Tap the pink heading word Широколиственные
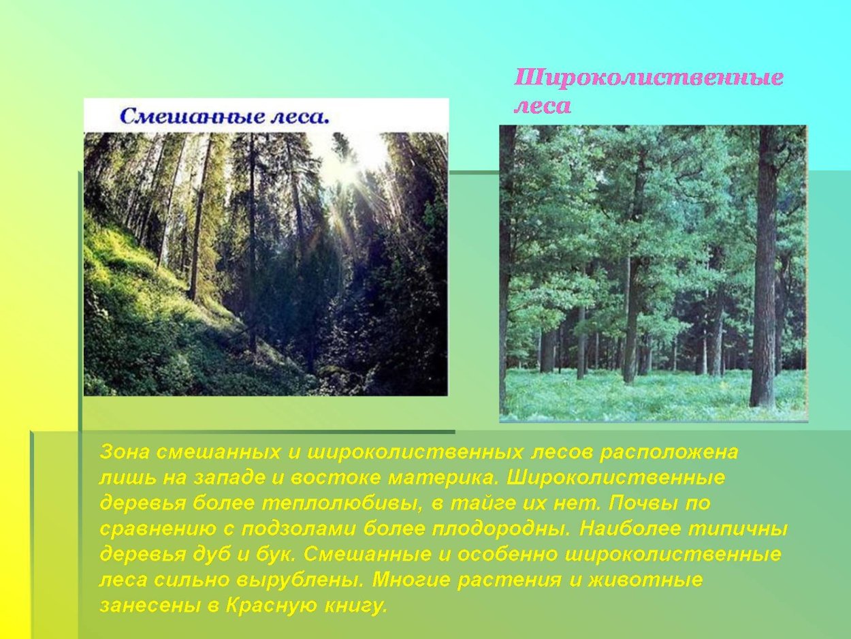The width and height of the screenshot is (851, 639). (x=648, y=78)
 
